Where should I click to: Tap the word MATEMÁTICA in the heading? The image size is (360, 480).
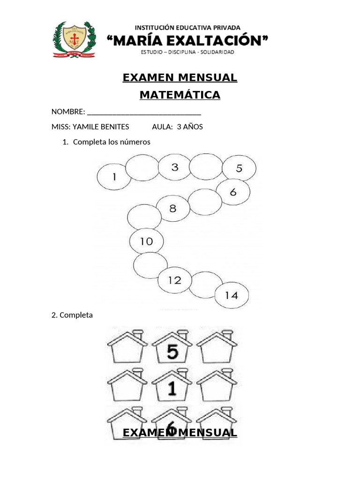click(180, 95)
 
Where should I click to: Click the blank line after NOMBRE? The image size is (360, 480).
click(144, 112)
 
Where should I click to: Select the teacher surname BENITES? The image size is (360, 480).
click(113, 127)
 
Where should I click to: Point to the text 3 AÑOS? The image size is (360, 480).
click(190, 127)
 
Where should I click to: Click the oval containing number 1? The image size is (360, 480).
click(114, 177)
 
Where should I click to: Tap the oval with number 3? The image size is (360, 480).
click(174, 167)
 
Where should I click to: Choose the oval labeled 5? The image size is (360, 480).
click(239, 169)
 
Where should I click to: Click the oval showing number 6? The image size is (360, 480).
click(233, 192)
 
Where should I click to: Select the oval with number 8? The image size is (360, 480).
click(172, 209)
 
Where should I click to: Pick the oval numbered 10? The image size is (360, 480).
click(147, 242)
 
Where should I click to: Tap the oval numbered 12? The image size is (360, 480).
click(174, 280)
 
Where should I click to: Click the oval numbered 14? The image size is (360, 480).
click(232, 295)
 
